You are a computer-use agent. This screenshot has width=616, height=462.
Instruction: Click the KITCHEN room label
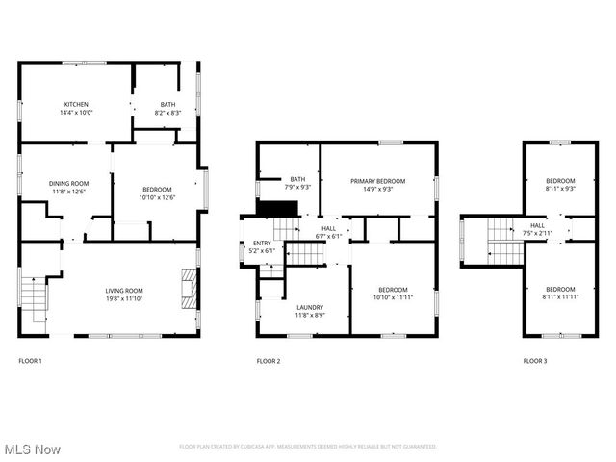point(76,104)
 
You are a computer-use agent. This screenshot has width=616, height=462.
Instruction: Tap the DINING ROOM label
point(69,183)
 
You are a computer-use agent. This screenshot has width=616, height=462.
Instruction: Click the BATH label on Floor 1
point(168,104)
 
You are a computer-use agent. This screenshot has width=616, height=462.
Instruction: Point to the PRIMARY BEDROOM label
point(377,181)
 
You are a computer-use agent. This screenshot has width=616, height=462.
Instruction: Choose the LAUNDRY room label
point(308,307)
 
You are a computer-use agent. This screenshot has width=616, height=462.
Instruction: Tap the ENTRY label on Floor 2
point(262,243)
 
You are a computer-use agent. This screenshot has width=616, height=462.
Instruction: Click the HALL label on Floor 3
point(537,225)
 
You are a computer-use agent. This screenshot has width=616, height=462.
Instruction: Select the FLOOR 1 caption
point(31,361)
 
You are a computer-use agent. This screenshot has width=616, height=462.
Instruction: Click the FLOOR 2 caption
point(269,361)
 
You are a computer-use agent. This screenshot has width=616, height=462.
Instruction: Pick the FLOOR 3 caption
point(535,361)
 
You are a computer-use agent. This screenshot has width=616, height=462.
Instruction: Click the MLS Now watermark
point(32,449)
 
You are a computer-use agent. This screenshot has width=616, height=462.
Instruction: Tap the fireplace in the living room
point(188,288)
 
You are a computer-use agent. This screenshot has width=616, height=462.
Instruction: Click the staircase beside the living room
point(34,301)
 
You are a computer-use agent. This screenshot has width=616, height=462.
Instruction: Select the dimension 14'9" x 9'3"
point(377,190)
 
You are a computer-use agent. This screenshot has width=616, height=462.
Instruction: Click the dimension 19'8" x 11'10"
point(124,299)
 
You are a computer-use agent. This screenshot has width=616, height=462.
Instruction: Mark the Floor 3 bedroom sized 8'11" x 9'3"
point(560,185)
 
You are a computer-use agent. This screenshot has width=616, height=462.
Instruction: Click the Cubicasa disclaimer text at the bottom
point(308,447)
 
